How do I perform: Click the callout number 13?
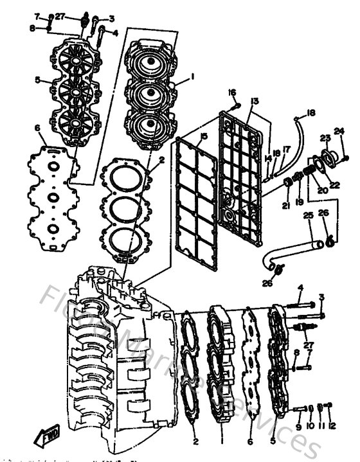point(255,102)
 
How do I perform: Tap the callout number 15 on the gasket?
point(203,137)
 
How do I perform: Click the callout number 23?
point(325,138)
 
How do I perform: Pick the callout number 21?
point(285,205)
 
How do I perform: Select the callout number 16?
point(232,92)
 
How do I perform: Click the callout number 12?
point(331,426)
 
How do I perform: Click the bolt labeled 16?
point(237,105)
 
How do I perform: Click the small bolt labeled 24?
point(346,156)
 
